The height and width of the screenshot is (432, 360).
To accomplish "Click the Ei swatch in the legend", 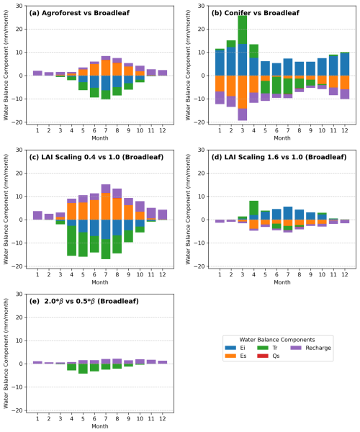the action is (230, 348).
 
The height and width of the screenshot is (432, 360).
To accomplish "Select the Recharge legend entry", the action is (310, 348).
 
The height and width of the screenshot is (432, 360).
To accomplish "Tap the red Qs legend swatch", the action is (263, 356).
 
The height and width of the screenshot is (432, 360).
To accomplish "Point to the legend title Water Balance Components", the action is (276, 340).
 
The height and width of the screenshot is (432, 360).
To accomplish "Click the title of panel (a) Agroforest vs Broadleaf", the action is (79, 13).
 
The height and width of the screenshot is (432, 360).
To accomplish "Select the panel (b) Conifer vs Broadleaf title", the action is (255, 13).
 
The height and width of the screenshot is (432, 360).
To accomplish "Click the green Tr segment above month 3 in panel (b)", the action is (243, 30).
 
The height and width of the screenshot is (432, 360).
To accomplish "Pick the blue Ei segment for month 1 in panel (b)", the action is (220, 63).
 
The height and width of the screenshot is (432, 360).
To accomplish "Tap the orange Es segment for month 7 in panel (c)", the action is (106, 207).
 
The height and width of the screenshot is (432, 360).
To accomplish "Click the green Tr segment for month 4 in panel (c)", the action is (71, 240).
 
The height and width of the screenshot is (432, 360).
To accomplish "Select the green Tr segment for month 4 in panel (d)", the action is (253, 208).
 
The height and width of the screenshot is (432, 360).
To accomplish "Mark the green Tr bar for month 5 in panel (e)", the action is (83, 369).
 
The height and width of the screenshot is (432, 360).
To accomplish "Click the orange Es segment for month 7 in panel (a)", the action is (106, 68).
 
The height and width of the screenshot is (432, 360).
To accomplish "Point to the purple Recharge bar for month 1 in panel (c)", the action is (37, 215).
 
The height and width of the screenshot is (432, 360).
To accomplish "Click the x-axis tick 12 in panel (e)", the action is (163, 419).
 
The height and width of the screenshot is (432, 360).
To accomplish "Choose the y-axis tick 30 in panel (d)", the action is (201, 150).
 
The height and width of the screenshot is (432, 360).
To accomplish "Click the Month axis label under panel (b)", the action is (282, 138).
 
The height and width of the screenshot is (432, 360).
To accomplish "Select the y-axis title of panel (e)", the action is (6, 354).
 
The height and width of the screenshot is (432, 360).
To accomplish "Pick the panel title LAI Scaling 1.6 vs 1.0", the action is (279, 157).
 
